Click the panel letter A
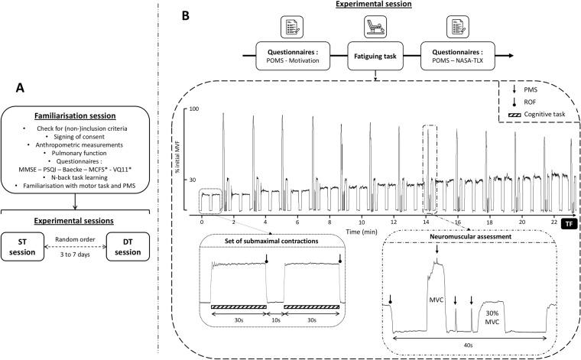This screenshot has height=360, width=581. pyautogui.click(x=77, y=87)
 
